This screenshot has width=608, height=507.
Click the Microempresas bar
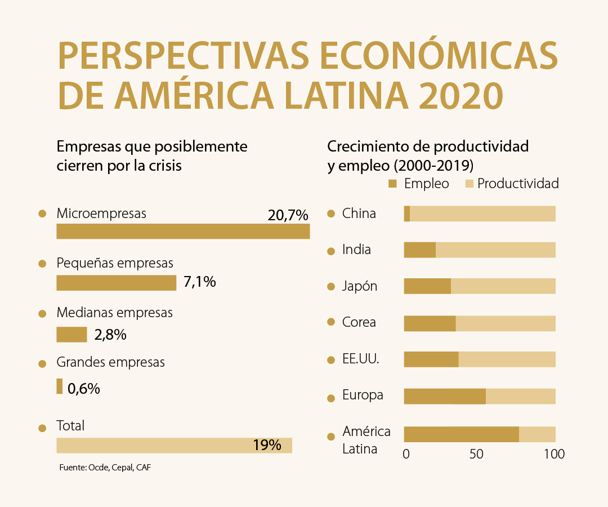click(x=183, y=232)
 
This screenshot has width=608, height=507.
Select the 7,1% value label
click(x=200, y=282)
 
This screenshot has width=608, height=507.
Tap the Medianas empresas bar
click(x=71, y=335)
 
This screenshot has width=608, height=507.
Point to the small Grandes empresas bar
click(x=60, y=386)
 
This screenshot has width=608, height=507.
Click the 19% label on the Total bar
click(x=267, y=445)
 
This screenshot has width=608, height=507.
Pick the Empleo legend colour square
click(x=393, y=184)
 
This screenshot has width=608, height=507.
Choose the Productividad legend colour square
click(x=468, y=184)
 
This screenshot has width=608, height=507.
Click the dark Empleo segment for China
click(x=407, y=214)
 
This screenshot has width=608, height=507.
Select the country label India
click(x=356, y=249)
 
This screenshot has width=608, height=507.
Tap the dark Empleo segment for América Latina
click(x=461, y=434)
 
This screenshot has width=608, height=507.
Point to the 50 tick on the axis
click(x=477, y=454)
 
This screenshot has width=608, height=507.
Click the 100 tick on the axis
click(x=555, y=454)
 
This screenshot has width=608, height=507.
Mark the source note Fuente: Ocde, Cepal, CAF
click(x=105, y=468)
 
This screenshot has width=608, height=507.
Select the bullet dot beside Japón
click(x=331, y=287)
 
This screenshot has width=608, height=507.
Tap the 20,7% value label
click(x=288, y=215)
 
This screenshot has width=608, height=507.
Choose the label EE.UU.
click(x=360, y=359)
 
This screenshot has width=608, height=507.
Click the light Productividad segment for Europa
click(x=520, y=396)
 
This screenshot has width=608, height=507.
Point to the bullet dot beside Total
click(x=42, y=428)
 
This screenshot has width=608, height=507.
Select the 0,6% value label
click(x=84, y=388)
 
